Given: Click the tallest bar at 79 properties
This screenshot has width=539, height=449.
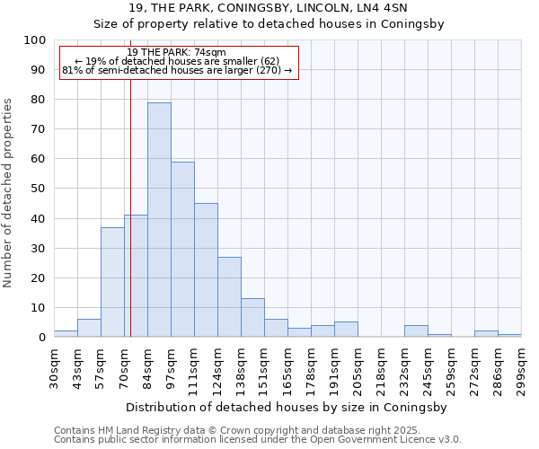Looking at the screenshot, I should tap(159, 220).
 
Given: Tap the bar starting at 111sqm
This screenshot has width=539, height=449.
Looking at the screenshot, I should tap(206, 270).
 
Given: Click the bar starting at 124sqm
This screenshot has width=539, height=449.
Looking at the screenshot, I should tap(229, 297).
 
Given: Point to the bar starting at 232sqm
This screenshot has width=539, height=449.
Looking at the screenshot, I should tap(416, 331).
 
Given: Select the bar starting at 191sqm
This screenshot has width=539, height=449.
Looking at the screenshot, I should tap(346, 330).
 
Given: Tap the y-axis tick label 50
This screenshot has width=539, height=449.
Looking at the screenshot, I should tap(37, 189).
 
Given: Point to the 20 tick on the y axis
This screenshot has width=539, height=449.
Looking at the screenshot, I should tap(37, 277).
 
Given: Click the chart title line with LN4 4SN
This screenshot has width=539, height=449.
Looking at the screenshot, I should tap(269, 8).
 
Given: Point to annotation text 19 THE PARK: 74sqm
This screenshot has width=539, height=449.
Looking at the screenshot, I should tap(177, 53).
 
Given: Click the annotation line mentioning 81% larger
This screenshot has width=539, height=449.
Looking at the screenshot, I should tap(177, 70).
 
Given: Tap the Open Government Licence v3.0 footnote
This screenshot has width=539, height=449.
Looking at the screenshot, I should tap(258, 440).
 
